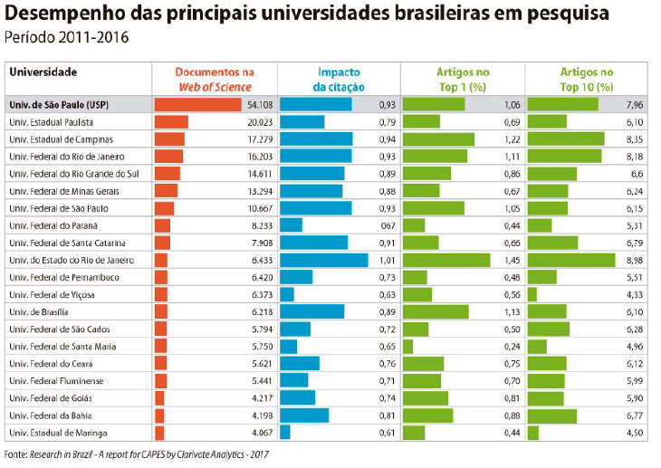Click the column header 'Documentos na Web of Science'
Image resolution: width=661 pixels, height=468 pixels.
(x=215, y=78)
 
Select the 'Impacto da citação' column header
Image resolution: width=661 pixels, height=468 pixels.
(x=340, y=78)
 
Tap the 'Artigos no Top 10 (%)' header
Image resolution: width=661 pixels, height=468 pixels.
(x=586, y=78)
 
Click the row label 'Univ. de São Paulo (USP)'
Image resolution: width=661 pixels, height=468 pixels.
(x=54, y=104)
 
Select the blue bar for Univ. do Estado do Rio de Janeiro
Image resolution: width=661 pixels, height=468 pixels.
(x=324, y=260)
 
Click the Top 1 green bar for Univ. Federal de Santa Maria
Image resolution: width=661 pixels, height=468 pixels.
(x=407, y=346)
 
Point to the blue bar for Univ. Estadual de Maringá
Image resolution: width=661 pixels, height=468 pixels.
(x=285, y=433)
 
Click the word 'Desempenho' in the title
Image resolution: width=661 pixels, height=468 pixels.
(x=60, y=14)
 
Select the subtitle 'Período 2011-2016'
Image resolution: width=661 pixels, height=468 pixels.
(x=67, y=38)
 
